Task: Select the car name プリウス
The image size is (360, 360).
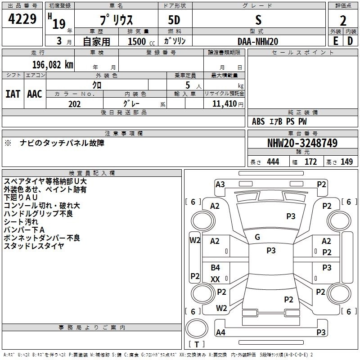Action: [x=116, y=21]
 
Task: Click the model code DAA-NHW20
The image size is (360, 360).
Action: [x=258, y=41]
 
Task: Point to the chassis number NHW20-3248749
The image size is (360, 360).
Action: [x=302, y=143]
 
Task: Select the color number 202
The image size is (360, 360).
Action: [x=74, y=104]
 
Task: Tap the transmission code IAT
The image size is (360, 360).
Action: [x=13, y=94]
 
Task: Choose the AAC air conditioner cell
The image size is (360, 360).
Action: [x=35, y=94]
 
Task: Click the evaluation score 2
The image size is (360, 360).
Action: [x=343, y=21]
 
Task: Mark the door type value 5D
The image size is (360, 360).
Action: [x=175, y=21]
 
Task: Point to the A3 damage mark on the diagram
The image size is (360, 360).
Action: [x=220, y=184]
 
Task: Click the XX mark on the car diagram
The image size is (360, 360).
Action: [x=216, y=279]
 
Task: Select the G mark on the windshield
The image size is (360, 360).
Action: [x=257, y=237]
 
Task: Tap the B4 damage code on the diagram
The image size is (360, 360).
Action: [x=216, y=268]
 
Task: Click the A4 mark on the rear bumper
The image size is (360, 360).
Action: [x=220, y=333]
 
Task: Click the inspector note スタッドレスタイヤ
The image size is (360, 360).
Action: [x=34, y=246]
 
